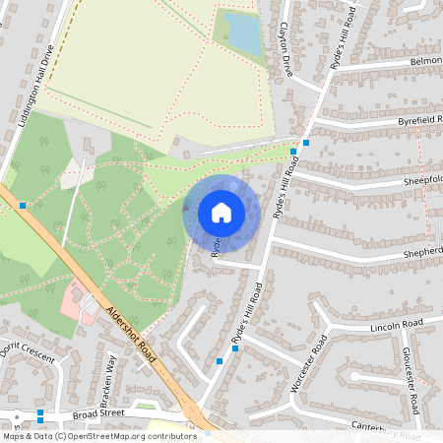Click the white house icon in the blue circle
pyautogui.click(x=221, y=212)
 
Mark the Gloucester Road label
pyautogui.click(x=412, y=380)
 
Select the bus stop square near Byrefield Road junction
pyautogui.click(x=306, y=143)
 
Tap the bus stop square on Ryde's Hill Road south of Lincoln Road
pyautogui.click(x=220, y=361)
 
